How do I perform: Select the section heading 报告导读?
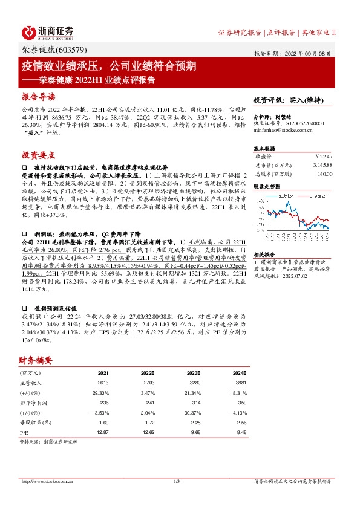tap(38, 97)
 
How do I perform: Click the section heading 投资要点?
tap(38, 154)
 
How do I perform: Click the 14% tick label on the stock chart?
tap(258, 199)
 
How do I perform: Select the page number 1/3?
tap(177, 481)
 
